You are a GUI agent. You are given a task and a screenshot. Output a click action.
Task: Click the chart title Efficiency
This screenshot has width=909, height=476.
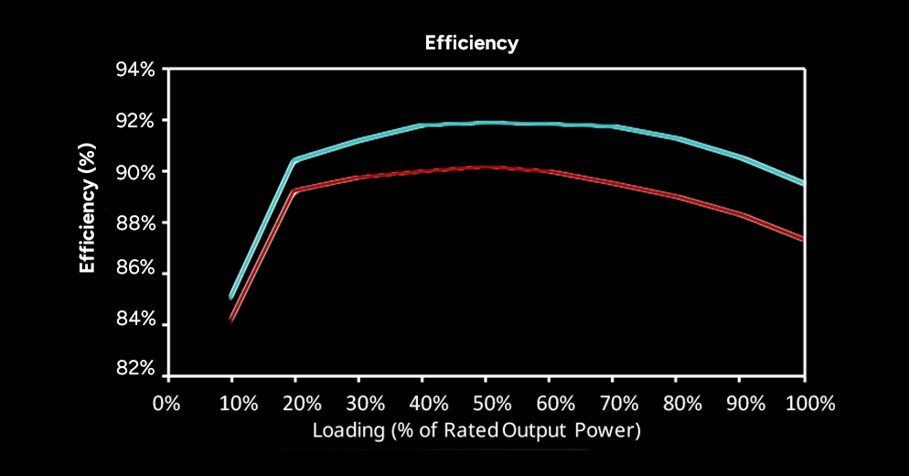(471, 44)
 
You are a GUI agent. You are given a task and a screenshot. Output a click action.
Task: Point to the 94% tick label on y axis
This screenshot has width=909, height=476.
(135, 70)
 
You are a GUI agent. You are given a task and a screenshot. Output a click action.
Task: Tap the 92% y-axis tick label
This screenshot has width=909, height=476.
(135, 121)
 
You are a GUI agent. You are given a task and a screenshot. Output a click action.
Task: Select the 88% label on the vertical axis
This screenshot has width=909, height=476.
(135, 223)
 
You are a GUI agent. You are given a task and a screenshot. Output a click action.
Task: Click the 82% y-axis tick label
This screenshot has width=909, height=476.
(135, 368)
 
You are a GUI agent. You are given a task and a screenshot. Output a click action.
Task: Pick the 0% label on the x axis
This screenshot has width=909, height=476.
(166, 403)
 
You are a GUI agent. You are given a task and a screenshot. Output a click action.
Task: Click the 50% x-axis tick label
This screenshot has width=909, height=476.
(492, 403)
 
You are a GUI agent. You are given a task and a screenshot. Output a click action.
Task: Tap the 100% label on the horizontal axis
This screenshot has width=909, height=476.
(810, 403)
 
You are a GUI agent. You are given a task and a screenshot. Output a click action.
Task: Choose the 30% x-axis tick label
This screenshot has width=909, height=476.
(365, 403)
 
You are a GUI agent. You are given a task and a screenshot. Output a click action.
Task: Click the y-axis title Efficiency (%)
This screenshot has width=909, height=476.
(87, 208)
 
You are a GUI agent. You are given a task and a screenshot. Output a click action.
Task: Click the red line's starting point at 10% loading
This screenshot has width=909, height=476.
(231, 319)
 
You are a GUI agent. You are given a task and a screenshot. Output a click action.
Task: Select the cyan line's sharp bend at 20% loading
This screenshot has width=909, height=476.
(294, 159)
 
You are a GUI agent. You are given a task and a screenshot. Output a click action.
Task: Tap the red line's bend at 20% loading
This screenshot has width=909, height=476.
(294, 190)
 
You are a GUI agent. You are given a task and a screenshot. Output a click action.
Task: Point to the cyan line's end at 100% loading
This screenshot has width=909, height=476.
(803, 183)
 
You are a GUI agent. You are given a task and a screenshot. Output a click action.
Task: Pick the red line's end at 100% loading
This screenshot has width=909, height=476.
(803, 239)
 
